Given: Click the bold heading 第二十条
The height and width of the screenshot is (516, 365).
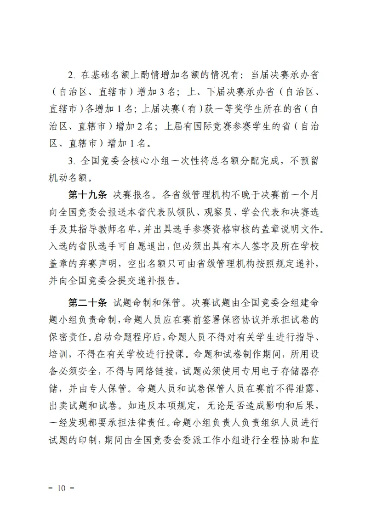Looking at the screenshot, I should coord(87,303).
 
